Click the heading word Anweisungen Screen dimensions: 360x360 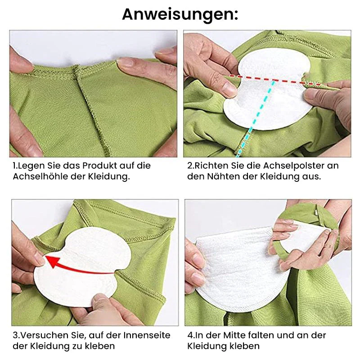click(180, 15)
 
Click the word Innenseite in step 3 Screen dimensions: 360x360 click(147, 335)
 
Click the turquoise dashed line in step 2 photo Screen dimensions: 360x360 click(256, 119)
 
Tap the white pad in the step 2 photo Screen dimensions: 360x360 click(267, 90)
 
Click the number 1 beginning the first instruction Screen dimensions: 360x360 click(14, 166)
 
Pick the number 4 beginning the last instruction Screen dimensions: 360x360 click(190, 335)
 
